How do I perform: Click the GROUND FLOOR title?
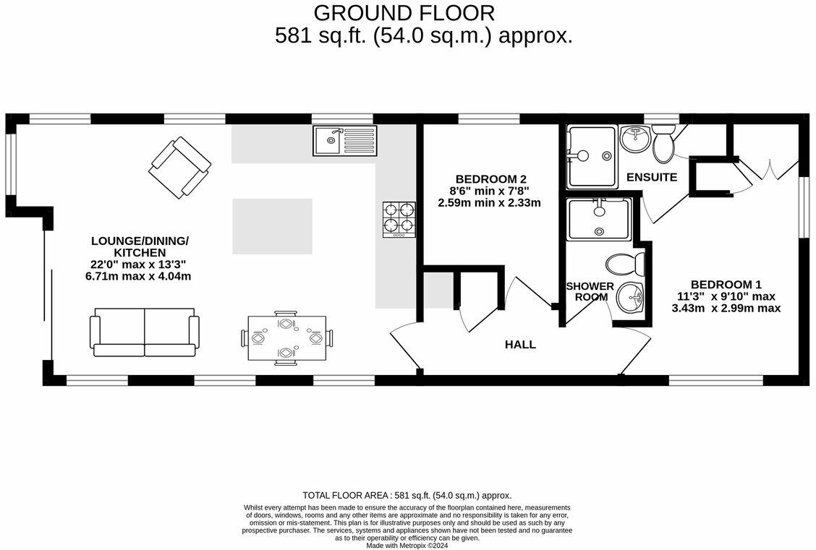point(404,13)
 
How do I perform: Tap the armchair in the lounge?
point(179,168)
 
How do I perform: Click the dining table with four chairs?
point(286,338)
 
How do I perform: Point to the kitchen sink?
point(345,140)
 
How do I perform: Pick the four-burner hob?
point(399,219)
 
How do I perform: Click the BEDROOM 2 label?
point(490,179)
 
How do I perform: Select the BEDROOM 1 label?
point(726,285)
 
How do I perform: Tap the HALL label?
point(520,345)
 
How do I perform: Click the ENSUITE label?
point(652,177)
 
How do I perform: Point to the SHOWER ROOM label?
point(590,291)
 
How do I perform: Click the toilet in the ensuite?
point(663,142)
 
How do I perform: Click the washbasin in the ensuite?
point(634,137)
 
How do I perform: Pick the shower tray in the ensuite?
point(591,156)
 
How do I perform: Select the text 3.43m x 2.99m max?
point(726,308)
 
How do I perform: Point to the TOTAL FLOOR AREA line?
point(407,495)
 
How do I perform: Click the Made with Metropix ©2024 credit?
point(407,546)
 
